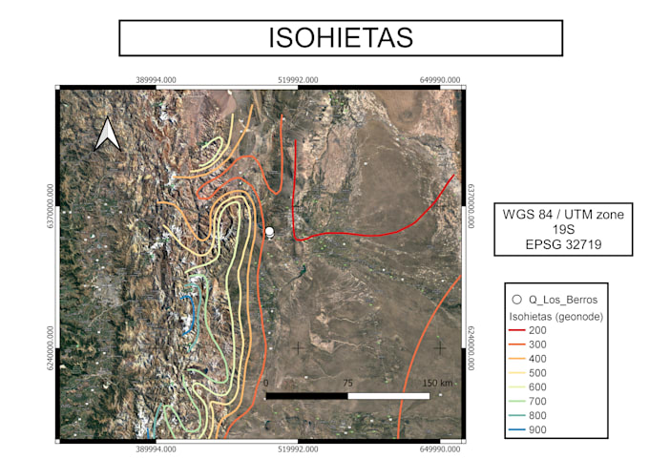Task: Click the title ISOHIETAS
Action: click(x=341, y=37)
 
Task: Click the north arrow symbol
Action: click(x=107, y=135)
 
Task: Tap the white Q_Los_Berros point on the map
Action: click(x=269, y=231)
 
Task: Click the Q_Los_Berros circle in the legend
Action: click(x=515, y=300)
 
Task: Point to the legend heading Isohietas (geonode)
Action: click(x=555, y=314)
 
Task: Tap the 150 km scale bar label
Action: click(x=437, y=384)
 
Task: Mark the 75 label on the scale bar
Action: click(x=347, y=384)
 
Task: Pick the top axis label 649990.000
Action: click(x=440, y=80)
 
